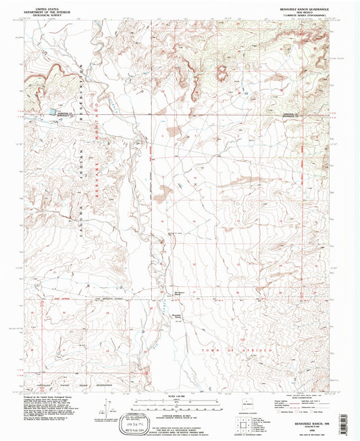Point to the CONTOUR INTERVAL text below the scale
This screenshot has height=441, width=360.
pyautogui.click(x=175, y=413)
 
